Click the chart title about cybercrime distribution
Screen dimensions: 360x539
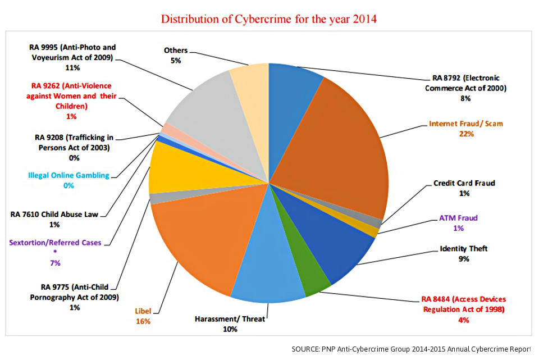[269, 19]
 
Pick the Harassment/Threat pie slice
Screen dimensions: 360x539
[267, 270]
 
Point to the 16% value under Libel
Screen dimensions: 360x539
[143, 322]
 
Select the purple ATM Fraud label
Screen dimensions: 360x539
[459, 218]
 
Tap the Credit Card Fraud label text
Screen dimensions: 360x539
[464, 183]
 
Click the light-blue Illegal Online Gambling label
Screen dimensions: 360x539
[68, 175]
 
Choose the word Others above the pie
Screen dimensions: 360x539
[176, 51]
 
